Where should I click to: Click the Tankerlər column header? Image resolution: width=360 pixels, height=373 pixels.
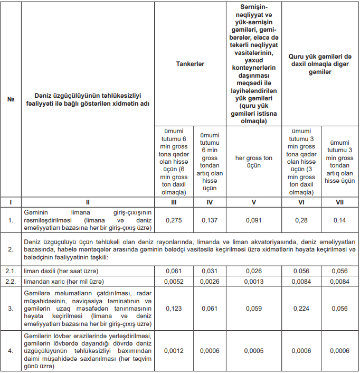(190, 63)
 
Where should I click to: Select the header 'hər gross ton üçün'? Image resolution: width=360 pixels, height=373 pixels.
(254, 162)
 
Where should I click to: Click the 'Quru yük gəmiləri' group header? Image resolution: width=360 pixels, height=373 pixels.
(320, 63)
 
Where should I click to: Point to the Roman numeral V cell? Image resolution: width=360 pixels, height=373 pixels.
(254, 202)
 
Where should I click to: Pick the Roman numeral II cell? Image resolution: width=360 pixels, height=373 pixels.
(88, 202)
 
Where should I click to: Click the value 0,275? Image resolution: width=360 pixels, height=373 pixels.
(174, 219)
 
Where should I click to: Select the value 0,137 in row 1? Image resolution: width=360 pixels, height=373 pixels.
(209, 219)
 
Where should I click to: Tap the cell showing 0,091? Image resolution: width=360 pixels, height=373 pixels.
(254, 219)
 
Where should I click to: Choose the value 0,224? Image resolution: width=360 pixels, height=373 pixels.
(302, 309)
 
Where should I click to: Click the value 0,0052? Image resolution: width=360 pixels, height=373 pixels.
(174, 281)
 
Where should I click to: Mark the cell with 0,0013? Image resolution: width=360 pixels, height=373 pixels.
(254, 281)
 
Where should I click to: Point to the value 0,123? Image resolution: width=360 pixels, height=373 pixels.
(174, 309)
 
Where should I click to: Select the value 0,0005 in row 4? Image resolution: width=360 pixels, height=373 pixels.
(254, 350)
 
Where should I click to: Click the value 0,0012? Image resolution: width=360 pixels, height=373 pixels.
(174, 350)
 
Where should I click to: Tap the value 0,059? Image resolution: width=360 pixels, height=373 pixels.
(254, 309)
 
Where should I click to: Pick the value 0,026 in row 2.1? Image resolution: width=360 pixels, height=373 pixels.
(254, 271)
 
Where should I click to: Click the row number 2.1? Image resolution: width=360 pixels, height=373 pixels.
(11, 271)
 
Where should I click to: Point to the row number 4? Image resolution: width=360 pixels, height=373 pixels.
(11, 350)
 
